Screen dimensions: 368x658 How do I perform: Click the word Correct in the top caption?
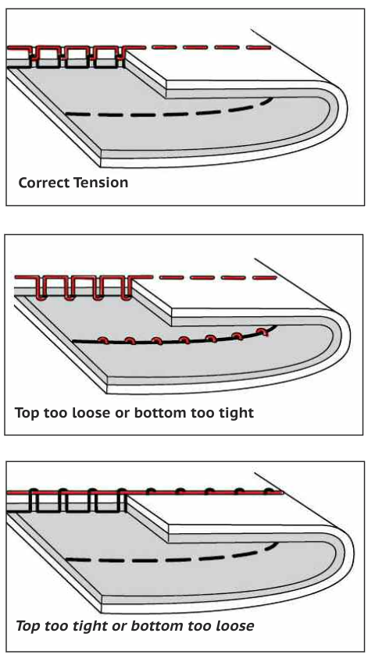click(44, 183)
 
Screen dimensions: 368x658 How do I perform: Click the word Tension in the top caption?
click(101, 183)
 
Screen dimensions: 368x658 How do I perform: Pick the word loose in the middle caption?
click(91, 413)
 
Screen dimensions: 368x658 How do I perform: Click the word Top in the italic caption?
click(27, 627)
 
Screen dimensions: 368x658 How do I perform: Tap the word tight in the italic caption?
click(91, 627)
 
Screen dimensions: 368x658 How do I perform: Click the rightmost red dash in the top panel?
click(259, 48)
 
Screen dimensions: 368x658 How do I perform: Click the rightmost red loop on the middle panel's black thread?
click(263, 332)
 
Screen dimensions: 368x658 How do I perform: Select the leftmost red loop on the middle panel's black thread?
click(103, 340)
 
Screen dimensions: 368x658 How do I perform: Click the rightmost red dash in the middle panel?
click(265, 278)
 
